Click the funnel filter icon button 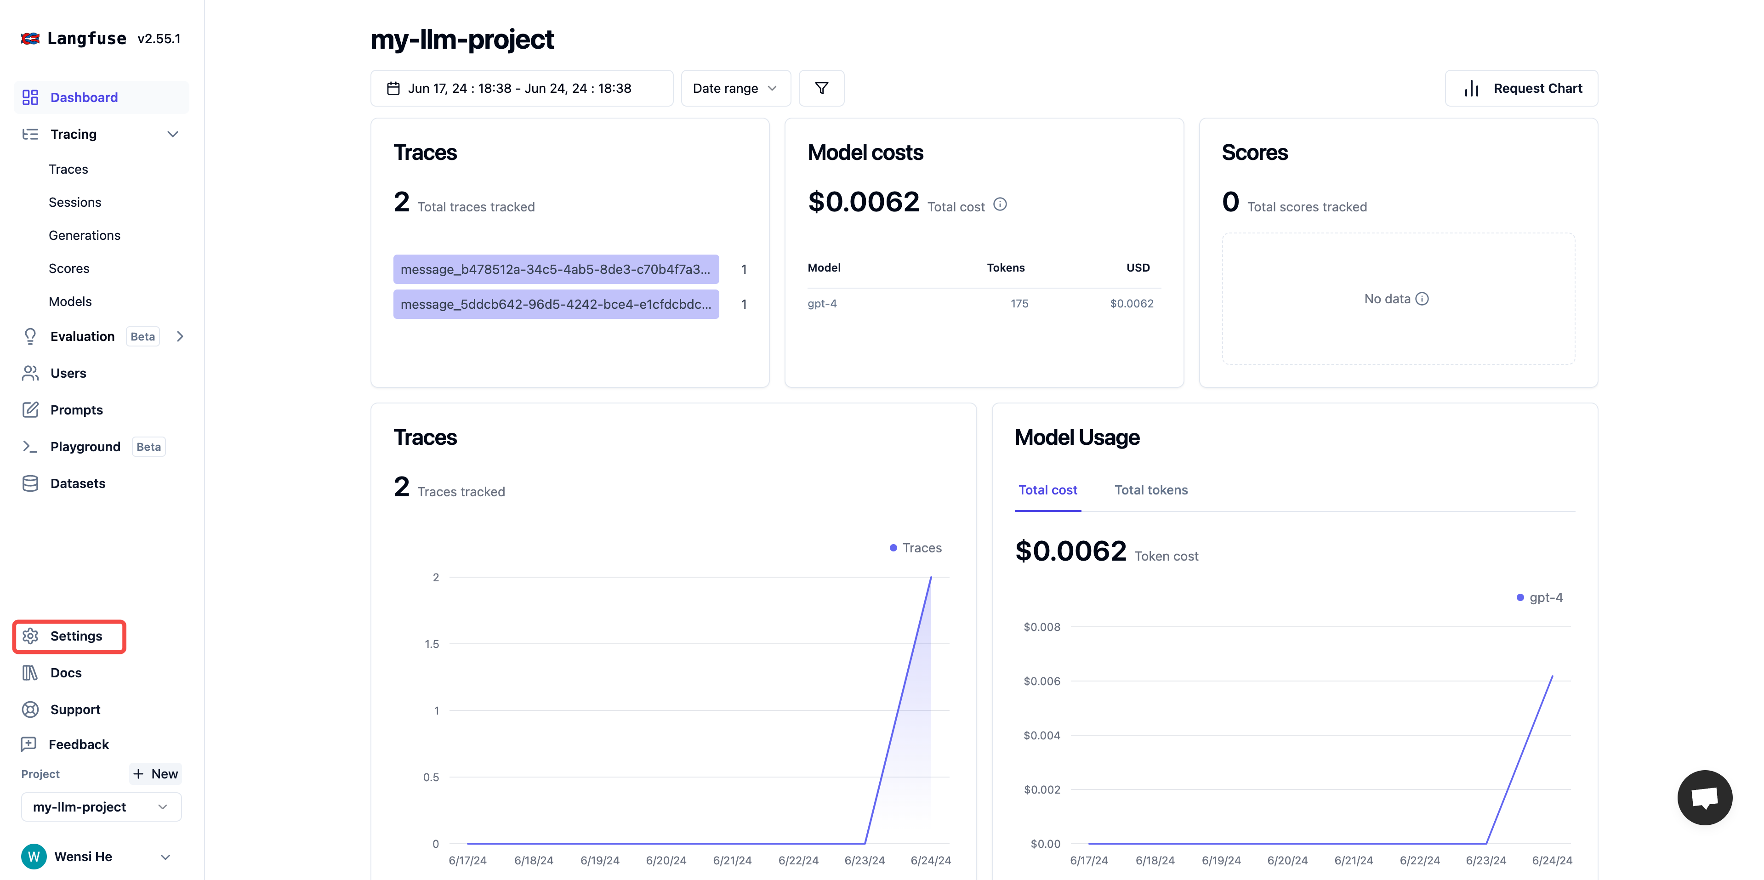click(x=821, y=88)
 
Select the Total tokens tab click(x=1150, y=490)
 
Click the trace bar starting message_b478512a click(x=555, y=269)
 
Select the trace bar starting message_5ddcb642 click(x=555, y=304)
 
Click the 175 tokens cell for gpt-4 click(x=1019, y=303)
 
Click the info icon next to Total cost click(x=1000, y=204)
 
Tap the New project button click(x=155, y=774)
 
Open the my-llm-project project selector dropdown click(x=101, y=807)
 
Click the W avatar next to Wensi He click(x=34, y=856)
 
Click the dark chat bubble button click(x=1704, y=797)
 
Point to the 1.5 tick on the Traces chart click(x=432, y=644)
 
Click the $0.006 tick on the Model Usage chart click(x=1041, y=681)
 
